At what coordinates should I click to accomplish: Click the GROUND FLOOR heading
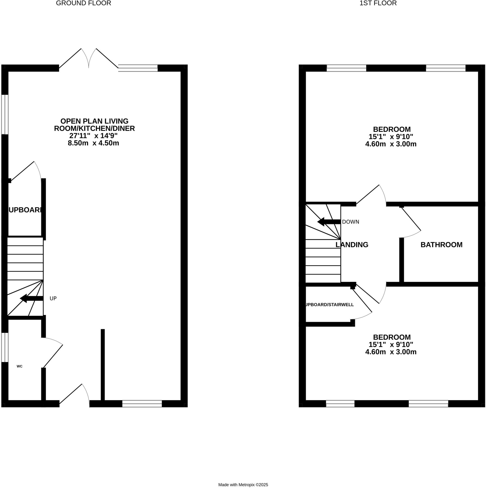pos(84,3)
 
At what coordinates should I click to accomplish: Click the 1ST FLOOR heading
pos(378,3)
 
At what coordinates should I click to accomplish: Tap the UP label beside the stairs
pos(53,299)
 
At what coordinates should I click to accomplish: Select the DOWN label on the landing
pos(351,222)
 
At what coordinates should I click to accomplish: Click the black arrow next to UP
pos(32,299)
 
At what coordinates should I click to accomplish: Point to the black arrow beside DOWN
pos(329,222)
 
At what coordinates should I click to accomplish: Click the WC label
pos(20,366)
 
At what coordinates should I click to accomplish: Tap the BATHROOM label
pos(441,245)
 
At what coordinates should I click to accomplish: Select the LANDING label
pos(352,245)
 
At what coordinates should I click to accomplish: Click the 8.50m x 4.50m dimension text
pos(93,143)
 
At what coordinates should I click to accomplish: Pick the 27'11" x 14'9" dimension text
pos(93,136)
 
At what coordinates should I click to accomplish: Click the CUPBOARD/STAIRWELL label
pos(329,305)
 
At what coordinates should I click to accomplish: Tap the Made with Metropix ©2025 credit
pos(243,485)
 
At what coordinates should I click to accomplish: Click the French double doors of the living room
pos(89,59)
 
